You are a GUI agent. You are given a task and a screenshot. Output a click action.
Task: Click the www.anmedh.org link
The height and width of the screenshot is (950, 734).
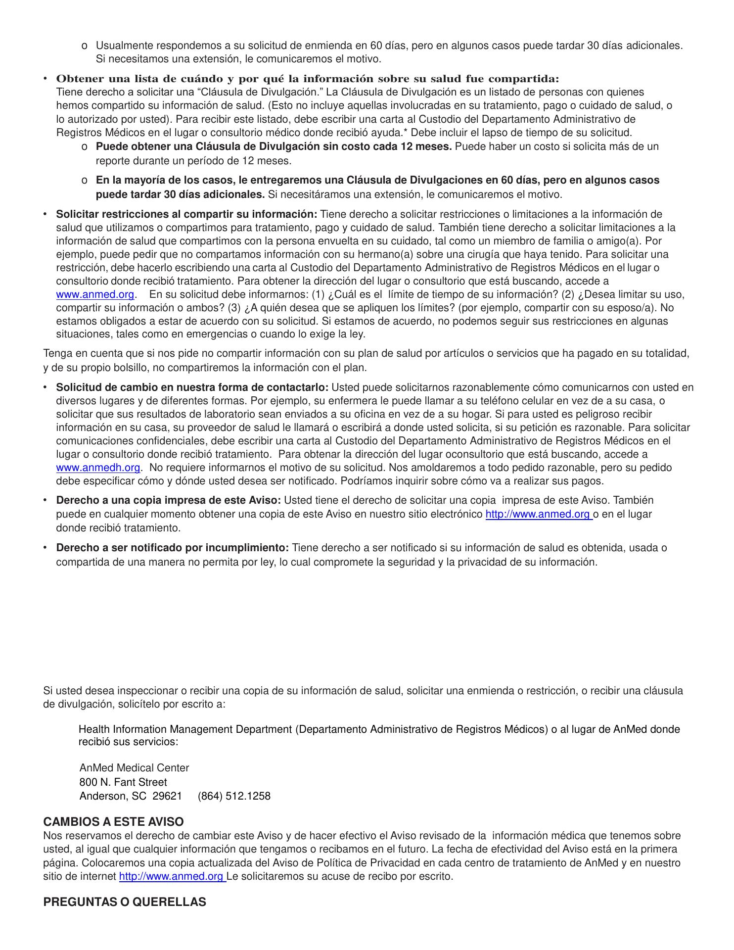98,468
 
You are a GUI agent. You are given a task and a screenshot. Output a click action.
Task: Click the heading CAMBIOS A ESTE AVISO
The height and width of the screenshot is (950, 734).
113,822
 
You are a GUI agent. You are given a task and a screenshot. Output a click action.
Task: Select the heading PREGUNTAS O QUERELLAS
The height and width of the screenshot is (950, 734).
125,902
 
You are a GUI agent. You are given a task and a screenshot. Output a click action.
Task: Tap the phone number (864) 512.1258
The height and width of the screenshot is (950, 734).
234,796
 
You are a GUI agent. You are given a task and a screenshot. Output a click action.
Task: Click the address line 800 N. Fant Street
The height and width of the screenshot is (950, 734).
123,782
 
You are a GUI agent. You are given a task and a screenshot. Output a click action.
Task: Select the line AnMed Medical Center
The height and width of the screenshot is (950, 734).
134,768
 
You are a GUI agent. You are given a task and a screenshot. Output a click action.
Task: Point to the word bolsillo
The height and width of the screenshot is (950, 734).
117,368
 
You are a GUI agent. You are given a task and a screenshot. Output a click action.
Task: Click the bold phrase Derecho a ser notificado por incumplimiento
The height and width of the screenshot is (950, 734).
172,548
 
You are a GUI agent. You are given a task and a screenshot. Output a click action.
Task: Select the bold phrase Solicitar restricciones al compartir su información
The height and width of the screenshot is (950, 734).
186,214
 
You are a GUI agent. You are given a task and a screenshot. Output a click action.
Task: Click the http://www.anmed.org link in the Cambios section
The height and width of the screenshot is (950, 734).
172,876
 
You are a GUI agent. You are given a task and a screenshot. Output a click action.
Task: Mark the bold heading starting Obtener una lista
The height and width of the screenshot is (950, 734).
307,79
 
